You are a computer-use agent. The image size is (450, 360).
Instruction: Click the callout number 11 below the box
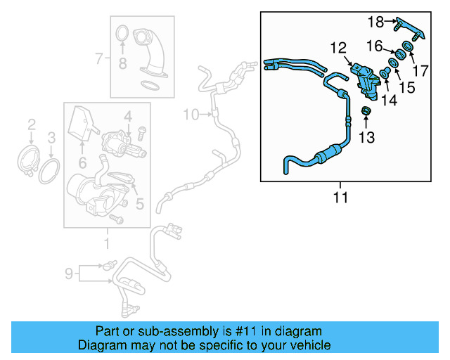click(340, 198)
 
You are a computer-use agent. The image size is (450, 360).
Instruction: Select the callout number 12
click(338, 48)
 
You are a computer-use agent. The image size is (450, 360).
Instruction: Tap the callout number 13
click(366, 136)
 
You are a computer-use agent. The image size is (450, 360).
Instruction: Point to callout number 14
click(389, 101)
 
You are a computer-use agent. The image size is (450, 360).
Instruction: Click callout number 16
click(374, 46)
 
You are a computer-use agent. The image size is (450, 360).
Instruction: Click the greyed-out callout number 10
click(191, 114)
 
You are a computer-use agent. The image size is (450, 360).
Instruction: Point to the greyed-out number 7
click(99, 57)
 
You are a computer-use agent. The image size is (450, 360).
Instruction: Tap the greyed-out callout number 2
click(31, 124)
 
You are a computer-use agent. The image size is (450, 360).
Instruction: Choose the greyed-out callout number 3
click(51, 136)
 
